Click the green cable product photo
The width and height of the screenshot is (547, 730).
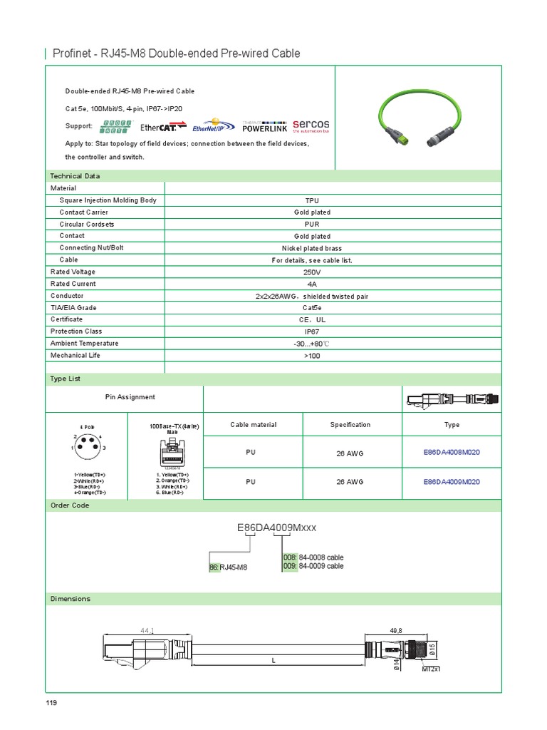click(419, 118)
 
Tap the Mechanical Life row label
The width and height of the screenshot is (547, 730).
click(75, 355)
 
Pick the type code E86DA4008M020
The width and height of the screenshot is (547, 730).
click(452, 451)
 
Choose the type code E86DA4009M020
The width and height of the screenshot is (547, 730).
click(452, 482)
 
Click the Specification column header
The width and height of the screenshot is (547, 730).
click(350, 425)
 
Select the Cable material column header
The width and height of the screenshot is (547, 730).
click(254, 425)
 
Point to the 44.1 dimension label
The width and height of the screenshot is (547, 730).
click(148, 631)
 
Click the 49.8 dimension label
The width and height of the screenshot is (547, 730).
click(396, 631)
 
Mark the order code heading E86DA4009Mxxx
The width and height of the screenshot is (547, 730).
click(276, 528)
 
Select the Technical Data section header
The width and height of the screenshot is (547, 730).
click(75, 176)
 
